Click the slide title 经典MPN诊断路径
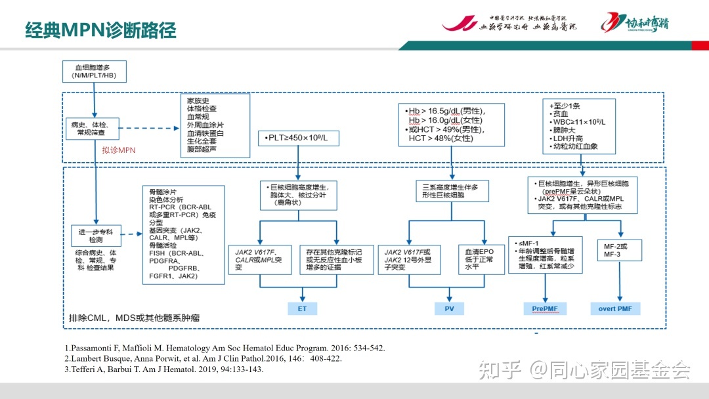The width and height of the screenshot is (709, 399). pos(100,30)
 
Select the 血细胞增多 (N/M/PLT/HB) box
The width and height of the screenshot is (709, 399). pos(95,72)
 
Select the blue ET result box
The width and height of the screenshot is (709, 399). pos(303,308)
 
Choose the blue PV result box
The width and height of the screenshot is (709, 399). pos(450,308)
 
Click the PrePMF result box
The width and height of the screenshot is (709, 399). pos(545,308)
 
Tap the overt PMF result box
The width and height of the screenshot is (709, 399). pos(619,308)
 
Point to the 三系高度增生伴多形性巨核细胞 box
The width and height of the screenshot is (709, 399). pos(450,192)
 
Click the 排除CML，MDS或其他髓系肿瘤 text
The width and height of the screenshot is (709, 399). pos(134,318)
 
